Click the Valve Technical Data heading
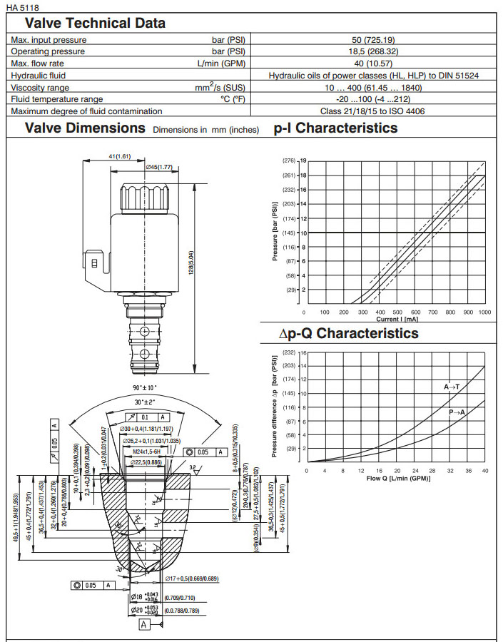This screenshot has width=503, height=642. point(95,23)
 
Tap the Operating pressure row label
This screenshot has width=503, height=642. point(48,51)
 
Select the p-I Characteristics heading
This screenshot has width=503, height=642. point(335,129)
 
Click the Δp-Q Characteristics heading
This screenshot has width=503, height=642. point(348,333)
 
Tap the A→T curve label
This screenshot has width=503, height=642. point(452,386)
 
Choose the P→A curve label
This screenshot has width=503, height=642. point(457,412)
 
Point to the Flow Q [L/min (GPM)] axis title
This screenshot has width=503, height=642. point(393,477)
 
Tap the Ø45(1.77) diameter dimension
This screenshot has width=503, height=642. point(161,167)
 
